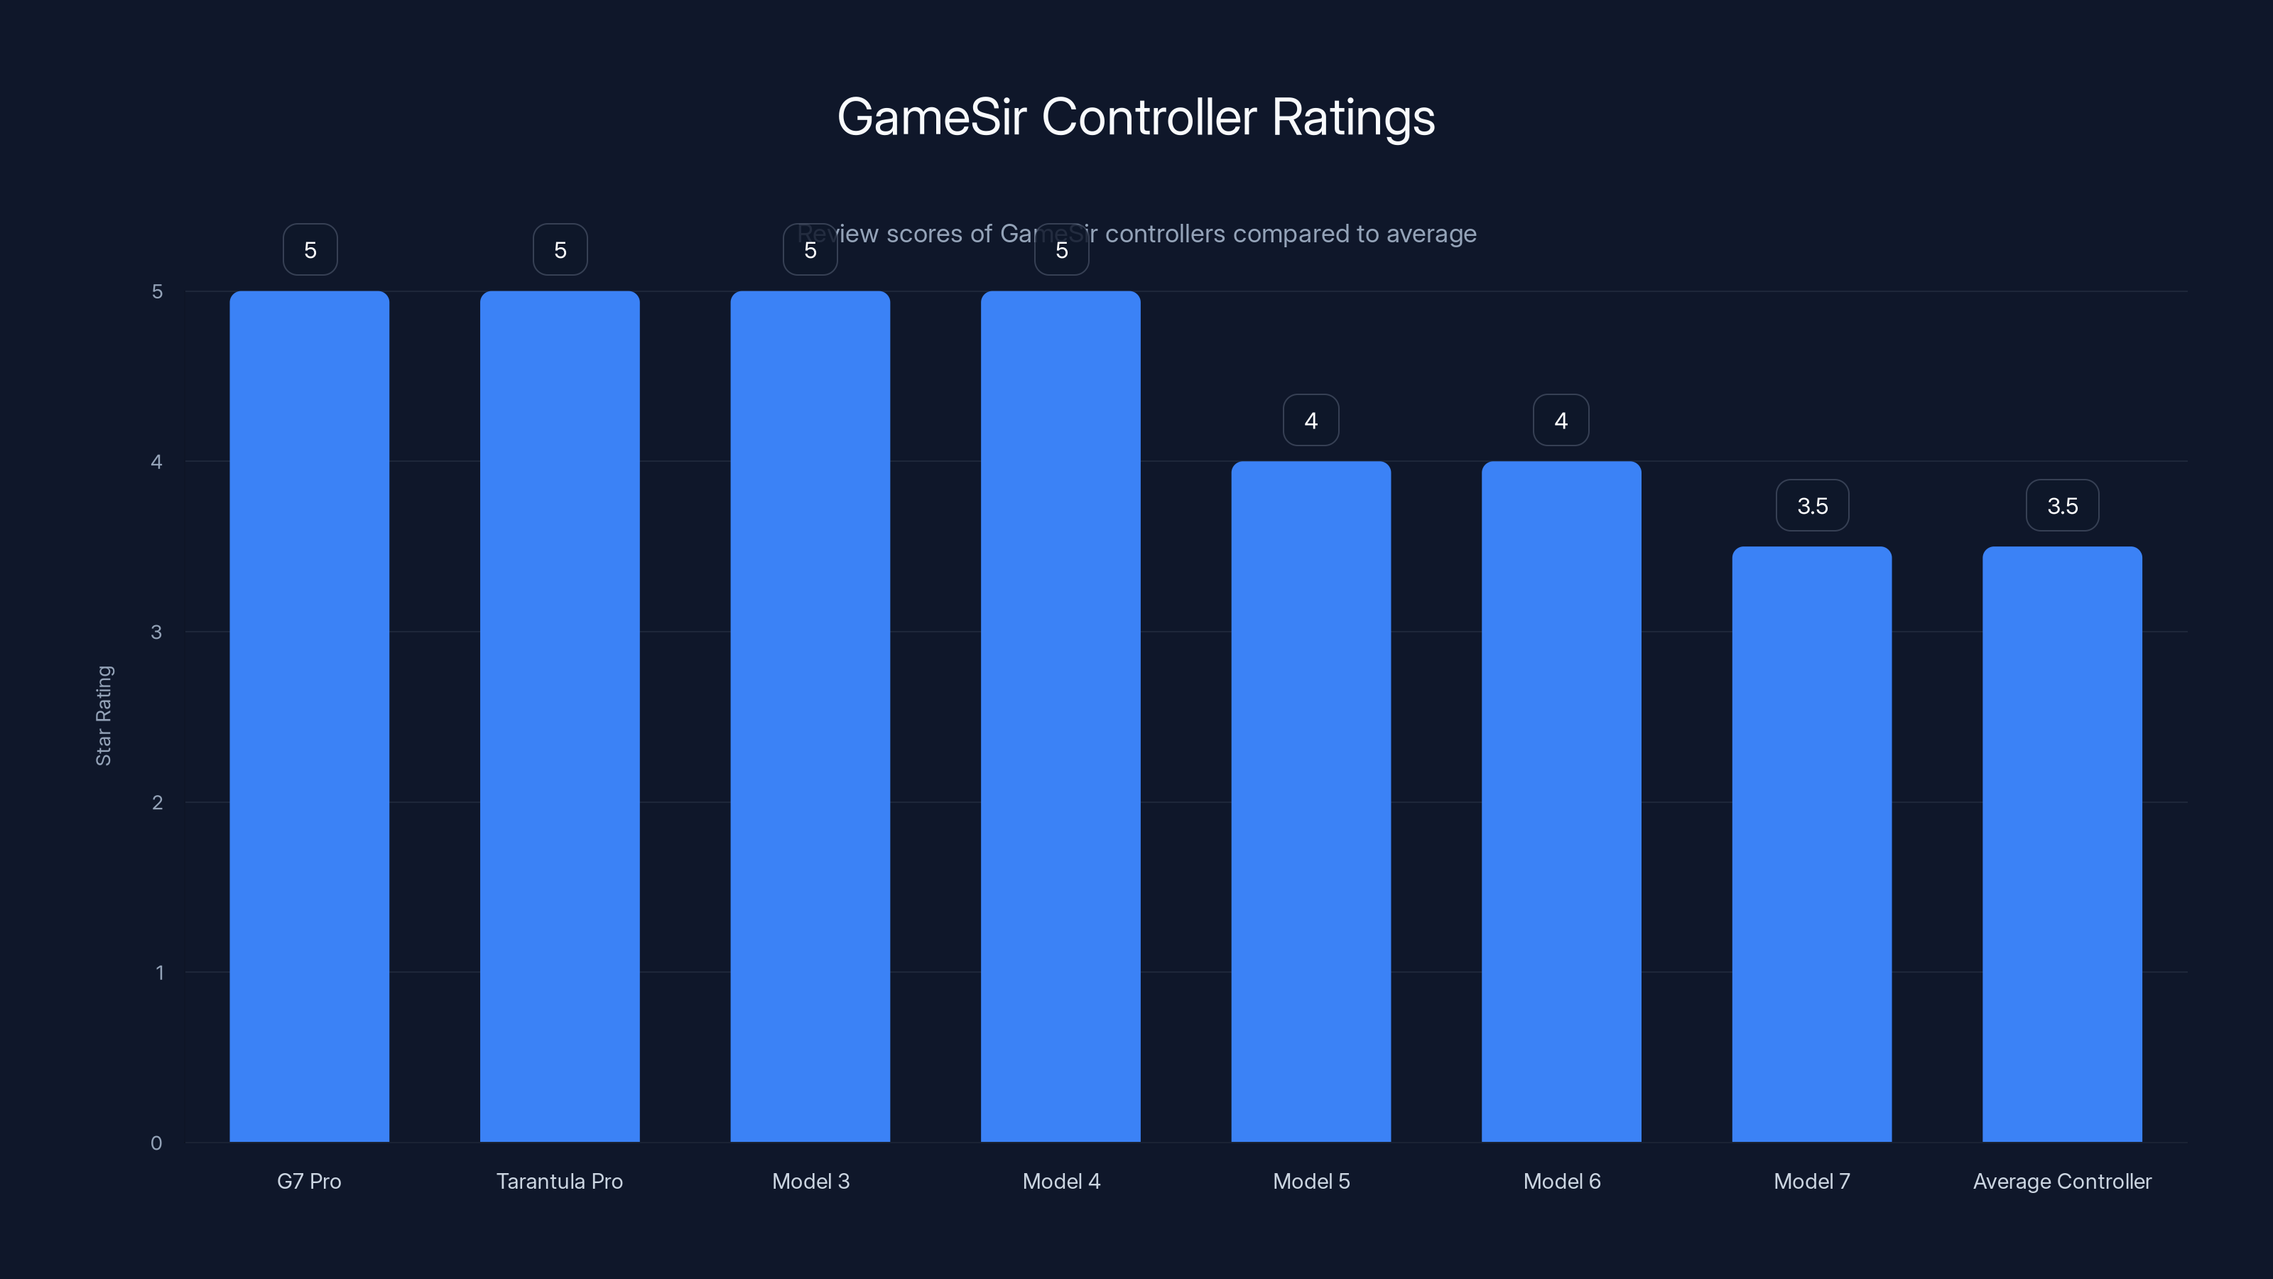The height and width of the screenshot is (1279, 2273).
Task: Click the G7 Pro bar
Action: pos(309,715)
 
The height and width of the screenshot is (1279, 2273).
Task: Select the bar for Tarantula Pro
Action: pos(560,715)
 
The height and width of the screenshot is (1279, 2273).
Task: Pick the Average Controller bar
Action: pos(2062,843)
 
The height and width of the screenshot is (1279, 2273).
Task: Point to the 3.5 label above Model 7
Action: pos(1811,506)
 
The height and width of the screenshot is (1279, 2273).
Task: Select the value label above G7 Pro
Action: pos(310,250)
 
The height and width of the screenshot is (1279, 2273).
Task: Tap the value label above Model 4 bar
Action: pos(1061,250)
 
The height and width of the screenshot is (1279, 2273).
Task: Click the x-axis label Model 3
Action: pos(810,1181)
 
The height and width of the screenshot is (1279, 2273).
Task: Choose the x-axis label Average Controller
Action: pos(2062,1181)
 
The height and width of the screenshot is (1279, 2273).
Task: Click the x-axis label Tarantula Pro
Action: pos(560,1181)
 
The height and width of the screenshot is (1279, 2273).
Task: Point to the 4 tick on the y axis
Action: pos(157,462)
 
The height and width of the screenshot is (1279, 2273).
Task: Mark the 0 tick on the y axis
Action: pos(156,1143)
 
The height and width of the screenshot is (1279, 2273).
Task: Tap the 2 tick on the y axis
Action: pos(157,802)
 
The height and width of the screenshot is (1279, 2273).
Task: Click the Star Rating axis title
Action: pos(103,715)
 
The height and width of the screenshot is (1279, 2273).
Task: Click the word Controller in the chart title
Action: pos(1149,117)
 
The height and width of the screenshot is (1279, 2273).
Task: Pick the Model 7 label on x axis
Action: pos(1811,1181)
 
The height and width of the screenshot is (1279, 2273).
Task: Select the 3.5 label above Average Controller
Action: pos(2062,506)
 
